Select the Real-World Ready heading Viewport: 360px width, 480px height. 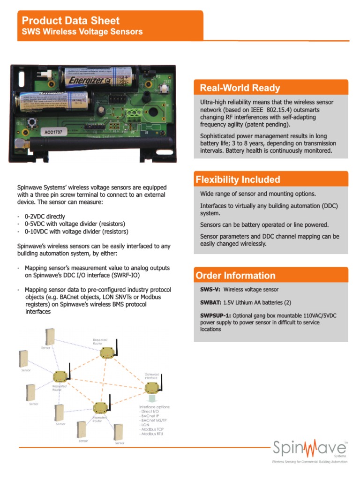240,88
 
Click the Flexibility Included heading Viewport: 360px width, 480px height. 238,180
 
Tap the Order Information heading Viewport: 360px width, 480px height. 235,276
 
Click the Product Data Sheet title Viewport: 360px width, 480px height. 71,21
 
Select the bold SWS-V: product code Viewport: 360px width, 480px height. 210,290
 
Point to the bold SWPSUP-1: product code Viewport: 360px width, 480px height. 216,316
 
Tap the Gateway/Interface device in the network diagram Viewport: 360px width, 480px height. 152,387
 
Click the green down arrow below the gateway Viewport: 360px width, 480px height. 152,399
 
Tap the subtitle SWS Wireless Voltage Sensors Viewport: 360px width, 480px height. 82,32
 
